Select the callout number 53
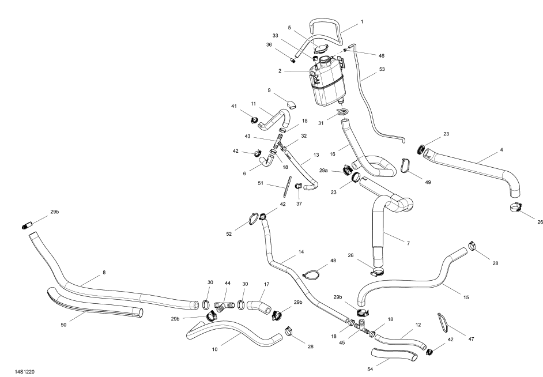[382, 69]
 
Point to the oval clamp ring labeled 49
[407, 166]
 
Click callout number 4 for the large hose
[501, 150]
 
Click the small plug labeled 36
[293, 59]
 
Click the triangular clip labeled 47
[444, 322]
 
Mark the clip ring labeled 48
[312, 274]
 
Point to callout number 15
[466, 297]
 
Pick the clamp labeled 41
[254, 120]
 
